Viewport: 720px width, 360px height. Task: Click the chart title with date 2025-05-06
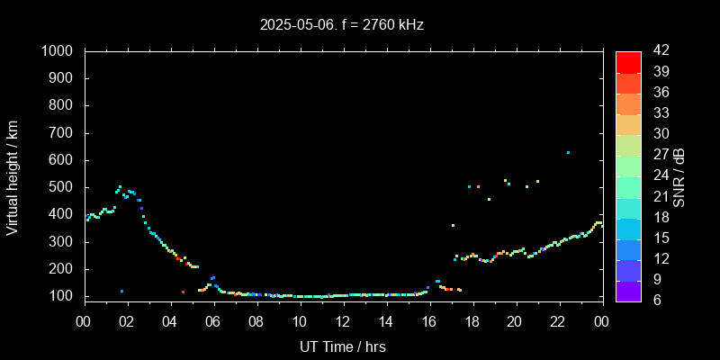coord(341,24)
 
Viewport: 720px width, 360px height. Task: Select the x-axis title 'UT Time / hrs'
coord(342,346)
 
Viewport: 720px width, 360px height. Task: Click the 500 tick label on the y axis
coord(65,187)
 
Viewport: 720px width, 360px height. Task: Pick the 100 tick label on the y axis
coord(65,296)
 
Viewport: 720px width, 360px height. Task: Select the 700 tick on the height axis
coord(65,133)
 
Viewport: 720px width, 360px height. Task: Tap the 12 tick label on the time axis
coord(343,322)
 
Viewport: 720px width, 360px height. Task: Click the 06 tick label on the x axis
coord(213,322)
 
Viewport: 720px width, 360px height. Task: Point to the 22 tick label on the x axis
coord(558,322)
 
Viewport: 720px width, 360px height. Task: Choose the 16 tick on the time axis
coord(429,322)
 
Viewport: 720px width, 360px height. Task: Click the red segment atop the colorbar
coord(628,61)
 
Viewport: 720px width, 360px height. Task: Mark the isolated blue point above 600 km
coord(568,152)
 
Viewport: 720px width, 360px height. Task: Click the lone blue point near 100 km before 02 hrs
coord(121,291)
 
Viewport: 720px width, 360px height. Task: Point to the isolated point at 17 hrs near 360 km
coord(453,225)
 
